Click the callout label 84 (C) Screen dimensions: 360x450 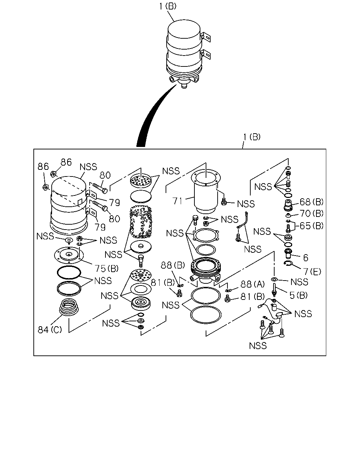(x=50, y=330)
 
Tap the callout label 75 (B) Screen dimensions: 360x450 (x=107, y=269)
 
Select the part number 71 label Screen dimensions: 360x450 (x=178, y=201)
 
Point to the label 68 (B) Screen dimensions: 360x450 (x=311, y=202)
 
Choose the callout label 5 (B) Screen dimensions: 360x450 (x=298, y=295)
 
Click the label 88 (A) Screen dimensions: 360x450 (x=252, y=284)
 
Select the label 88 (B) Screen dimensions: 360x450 (x=173, y=265)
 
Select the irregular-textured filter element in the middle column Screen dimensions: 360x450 (x=141, y=222)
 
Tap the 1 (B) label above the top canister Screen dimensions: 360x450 (x=168, y=6)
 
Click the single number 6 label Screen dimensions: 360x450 (x=306, y=258)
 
